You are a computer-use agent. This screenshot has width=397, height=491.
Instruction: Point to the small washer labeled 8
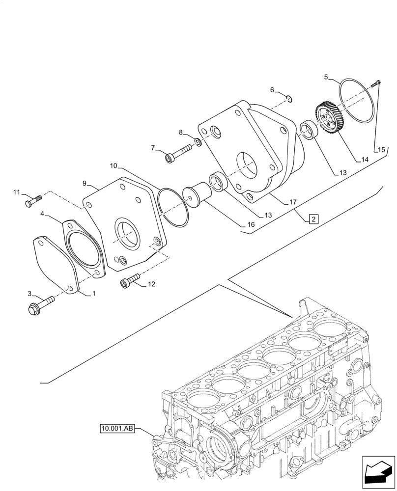click(x=197, y=143)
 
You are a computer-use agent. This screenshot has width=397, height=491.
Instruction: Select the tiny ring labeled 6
click(x=290, y=100)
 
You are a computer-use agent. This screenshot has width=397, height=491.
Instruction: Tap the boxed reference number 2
click(x=313, y=219)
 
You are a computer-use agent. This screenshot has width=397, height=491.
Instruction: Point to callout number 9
click(x=85, y=183)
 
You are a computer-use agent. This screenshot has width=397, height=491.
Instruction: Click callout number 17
click(x=292, y=201)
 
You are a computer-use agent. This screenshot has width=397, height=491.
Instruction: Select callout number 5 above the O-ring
click(x=326, y=77)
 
